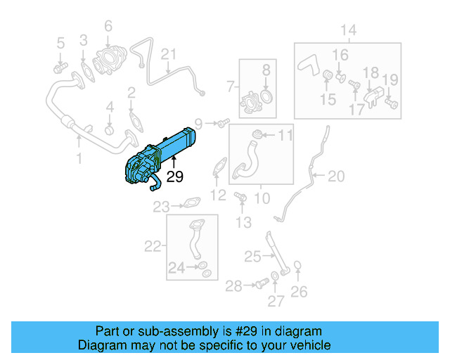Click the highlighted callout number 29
pyautogui.click(x=174, y=176)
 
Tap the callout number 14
pyautogui.click(x=349, y=30)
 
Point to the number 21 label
pyautogui.click(x=168, y=54)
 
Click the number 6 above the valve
pyautogui.click(x=108, y=27)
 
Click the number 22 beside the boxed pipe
pyautogui.click(x=153, y=246)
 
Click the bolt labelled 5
pyautogui.click(x=59, y=67)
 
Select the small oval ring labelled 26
pyautogui.click(x=298, y=266)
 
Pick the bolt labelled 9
pyautogui.click(x=222, y=124)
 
